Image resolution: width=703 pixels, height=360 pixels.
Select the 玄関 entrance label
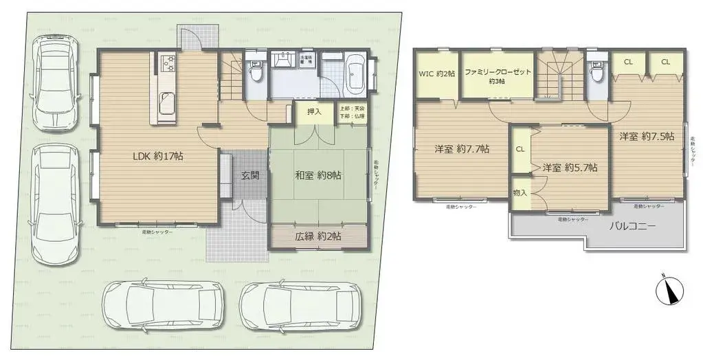[x=250, y=175]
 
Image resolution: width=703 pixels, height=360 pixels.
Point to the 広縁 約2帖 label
[x=319, y=236]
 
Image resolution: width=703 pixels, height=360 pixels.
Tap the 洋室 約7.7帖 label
[x=462, y=148]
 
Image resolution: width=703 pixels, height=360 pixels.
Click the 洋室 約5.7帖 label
[x=569, y=167]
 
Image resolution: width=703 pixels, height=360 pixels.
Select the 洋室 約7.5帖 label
[x=646, y=136]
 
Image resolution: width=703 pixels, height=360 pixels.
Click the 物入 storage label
[x=520, y=193]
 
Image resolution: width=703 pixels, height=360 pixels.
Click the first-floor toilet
[x=256, y=72]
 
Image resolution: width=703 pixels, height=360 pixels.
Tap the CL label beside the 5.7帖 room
[x=520, y=149]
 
